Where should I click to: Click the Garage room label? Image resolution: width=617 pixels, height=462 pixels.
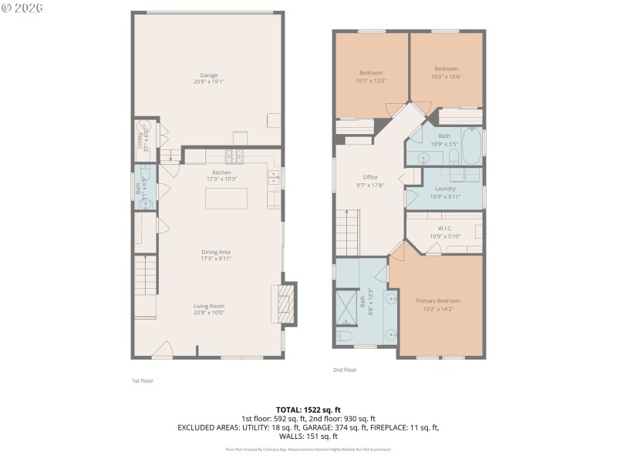click(x=209, y=75)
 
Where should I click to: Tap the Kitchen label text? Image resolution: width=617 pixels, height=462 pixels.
click(x=222, y=172)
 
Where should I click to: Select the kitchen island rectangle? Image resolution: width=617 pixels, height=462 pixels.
click(x=225, y=198)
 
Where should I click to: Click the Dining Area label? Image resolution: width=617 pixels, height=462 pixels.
click(x=217, y=252)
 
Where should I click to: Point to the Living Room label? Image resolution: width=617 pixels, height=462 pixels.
click(x=209, y=306)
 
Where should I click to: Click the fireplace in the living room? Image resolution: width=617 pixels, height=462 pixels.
click(x=284, y=305)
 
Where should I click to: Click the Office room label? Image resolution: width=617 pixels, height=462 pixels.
click(x=370, y=177)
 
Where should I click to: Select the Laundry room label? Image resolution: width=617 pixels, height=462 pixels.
click(x=445, y=189)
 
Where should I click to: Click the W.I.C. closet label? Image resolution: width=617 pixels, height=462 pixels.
click(x=445, y=228)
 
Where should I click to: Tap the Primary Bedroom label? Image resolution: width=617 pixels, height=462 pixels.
click(x=438, y=300)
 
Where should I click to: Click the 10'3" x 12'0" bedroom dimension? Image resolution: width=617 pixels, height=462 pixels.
click(x=370, y=81)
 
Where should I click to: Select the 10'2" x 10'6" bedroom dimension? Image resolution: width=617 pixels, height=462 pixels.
click(x=446, y=77)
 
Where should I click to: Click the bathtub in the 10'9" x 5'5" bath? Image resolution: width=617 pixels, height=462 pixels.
click(x=472, y=147)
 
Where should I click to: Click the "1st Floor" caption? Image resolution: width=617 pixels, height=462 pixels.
click(x=142, y=380)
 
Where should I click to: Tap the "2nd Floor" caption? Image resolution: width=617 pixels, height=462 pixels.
click(x=345, y=370)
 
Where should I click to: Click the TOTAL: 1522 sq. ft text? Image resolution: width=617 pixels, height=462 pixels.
click(x=308, y=410)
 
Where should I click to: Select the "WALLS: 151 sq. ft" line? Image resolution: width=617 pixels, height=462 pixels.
click(x=308, y=436)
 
